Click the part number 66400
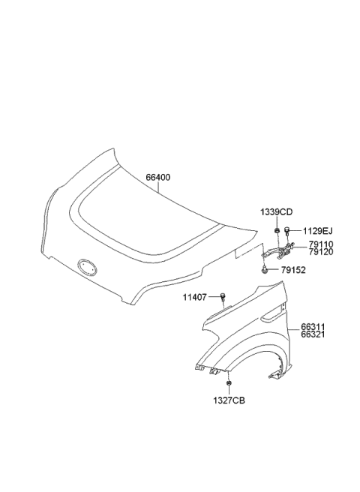pos(157,178)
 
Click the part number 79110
pos(322,245)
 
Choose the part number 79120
pos(322,253)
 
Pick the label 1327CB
pos(228,400)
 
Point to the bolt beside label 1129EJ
pos(288,231)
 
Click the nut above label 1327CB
pos(228,383)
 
